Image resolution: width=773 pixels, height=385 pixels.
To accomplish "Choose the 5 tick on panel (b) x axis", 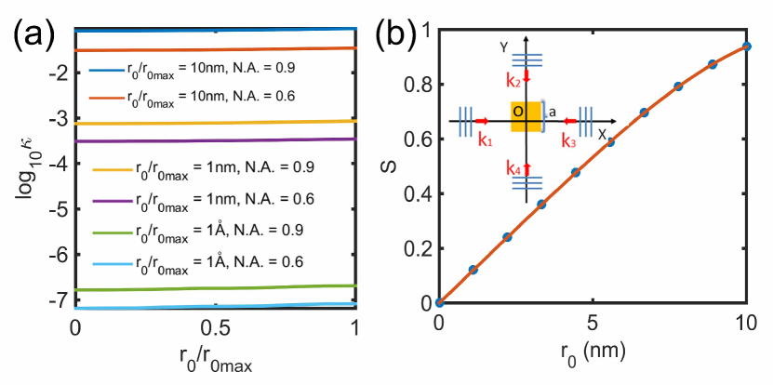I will pos(593,328).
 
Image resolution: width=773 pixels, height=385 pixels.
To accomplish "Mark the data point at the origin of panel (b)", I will pos(439,302).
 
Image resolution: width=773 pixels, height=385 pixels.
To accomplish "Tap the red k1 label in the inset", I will pos(485,139).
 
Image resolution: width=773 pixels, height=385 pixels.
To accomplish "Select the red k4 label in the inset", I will pos(514,170).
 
